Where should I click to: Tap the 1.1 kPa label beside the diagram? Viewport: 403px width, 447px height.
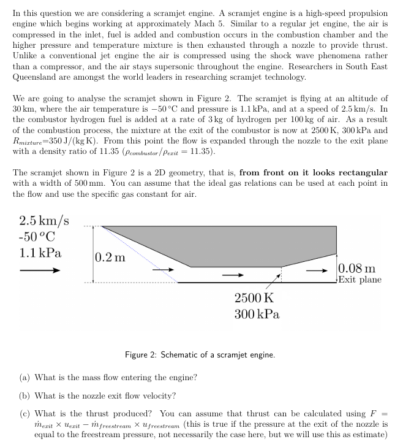tap(40, 253)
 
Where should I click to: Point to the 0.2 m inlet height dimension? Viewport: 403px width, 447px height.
tap(111, 258)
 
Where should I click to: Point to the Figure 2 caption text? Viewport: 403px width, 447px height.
tap(200, 355)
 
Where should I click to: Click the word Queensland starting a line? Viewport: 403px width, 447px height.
tap(36, 78)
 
